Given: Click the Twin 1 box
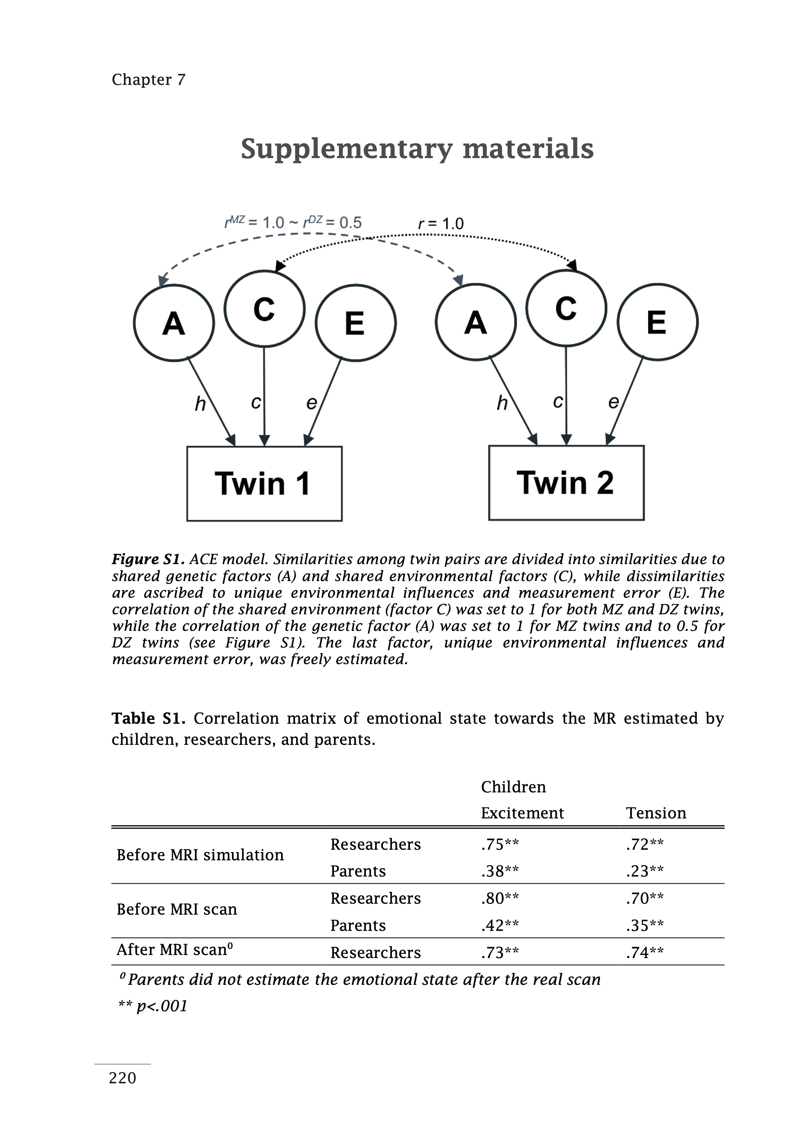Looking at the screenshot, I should tap(264, 483).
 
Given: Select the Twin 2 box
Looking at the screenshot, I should tap(566, 483).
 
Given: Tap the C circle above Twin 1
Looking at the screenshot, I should tap(264, 309).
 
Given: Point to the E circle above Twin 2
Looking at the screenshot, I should tap(657, 322).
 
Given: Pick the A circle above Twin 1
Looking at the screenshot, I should tap(174, 323).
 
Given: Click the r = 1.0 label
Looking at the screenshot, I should tap(441, 224).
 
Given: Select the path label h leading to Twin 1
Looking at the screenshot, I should tap(200, 404).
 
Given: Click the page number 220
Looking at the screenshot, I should tap(123, 1078).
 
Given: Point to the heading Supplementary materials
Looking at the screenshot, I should tap(417, 149).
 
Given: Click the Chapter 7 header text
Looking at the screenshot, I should tap(148, 80).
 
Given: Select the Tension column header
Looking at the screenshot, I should tap(656, 813).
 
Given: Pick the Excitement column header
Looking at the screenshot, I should tap(522, 813).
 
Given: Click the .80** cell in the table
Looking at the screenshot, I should tap(500, 898).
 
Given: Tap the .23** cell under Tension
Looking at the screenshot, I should tap(644, 871).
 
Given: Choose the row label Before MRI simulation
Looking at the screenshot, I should tap(200, 855).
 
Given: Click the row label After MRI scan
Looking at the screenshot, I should tap(174, 950).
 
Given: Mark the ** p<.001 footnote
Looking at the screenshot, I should tap(153, 1006).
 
